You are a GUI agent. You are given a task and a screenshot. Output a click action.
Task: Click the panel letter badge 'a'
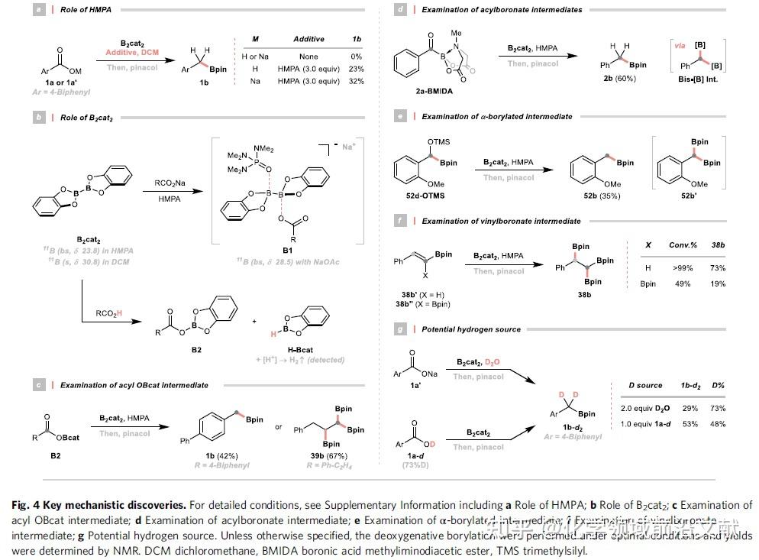pos(38,10)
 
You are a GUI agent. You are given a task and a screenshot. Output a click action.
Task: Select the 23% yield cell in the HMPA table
pos(356,69)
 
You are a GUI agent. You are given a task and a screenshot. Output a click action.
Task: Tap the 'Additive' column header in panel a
pos(308,39)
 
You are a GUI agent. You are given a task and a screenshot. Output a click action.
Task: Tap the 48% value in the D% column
pos(718,423)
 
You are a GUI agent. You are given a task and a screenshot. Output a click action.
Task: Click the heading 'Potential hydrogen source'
pos(471,329)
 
